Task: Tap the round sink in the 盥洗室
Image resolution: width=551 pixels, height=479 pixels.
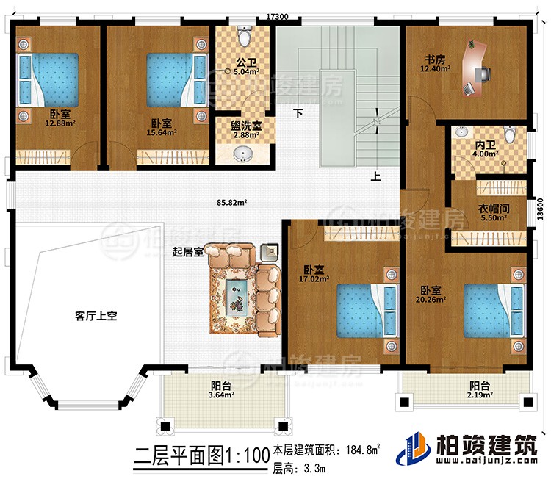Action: point(242,154)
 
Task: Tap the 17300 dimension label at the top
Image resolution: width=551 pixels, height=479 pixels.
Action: point(277,14)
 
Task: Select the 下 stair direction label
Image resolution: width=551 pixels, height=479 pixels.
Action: point(298,114)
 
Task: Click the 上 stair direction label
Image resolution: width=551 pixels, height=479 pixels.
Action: point(376,176)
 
